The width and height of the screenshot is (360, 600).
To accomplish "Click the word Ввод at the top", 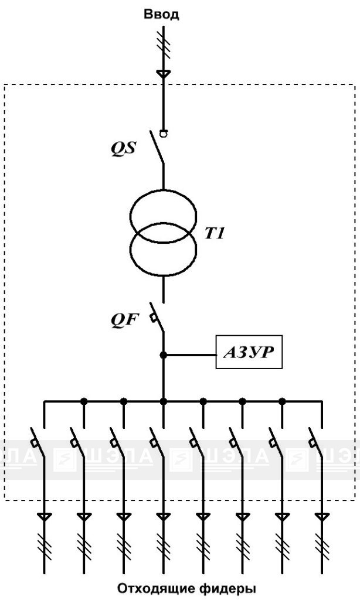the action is pos(161,15).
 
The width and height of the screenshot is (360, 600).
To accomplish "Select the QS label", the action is pos(123,148).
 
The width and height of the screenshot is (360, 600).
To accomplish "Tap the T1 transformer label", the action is pos(215,233).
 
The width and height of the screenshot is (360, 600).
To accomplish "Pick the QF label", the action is pos(124,319).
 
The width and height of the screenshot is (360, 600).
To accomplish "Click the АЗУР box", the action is pos(249,352).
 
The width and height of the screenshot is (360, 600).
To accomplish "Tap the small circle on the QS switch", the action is pos(164,134).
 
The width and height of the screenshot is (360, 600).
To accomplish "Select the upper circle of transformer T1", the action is pos(164,190).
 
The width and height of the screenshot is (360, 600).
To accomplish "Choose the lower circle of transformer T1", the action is pos(164,275).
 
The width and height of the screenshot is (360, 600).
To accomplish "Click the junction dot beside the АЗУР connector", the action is pos(164,356).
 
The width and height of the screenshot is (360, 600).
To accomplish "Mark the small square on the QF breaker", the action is pos(154,317).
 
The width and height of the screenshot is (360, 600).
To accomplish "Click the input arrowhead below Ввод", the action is pos(164,74).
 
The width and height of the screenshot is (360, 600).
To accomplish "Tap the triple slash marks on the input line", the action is pos(164,45).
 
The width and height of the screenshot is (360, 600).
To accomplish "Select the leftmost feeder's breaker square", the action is pos(34,443).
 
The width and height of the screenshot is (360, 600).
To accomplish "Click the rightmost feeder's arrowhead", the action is pos(322,517).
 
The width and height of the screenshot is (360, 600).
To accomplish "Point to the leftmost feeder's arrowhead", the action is pos(44,517).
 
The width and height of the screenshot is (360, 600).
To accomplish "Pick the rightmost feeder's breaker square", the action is pos(312,443).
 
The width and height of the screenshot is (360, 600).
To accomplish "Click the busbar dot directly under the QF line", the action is pos(164,401).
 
